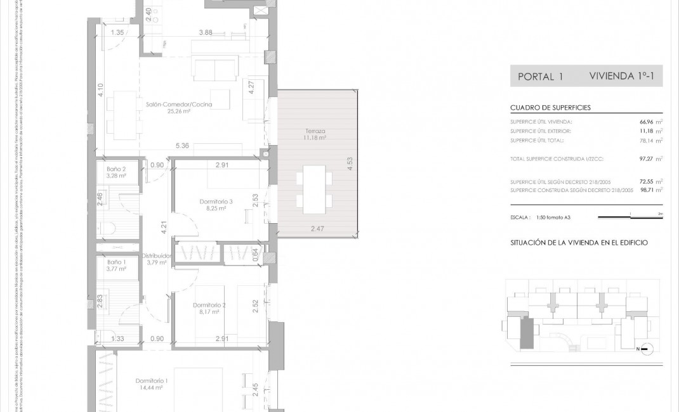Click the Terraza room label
315,131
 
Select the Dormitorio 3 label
216,202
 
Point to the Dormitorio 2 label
209,305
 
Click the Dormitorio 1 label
152,381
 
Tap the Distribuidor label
156,256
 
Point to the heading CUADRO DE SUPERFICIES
550,108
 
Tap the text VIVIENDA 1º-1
625,76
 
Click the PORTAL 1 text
541,77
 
